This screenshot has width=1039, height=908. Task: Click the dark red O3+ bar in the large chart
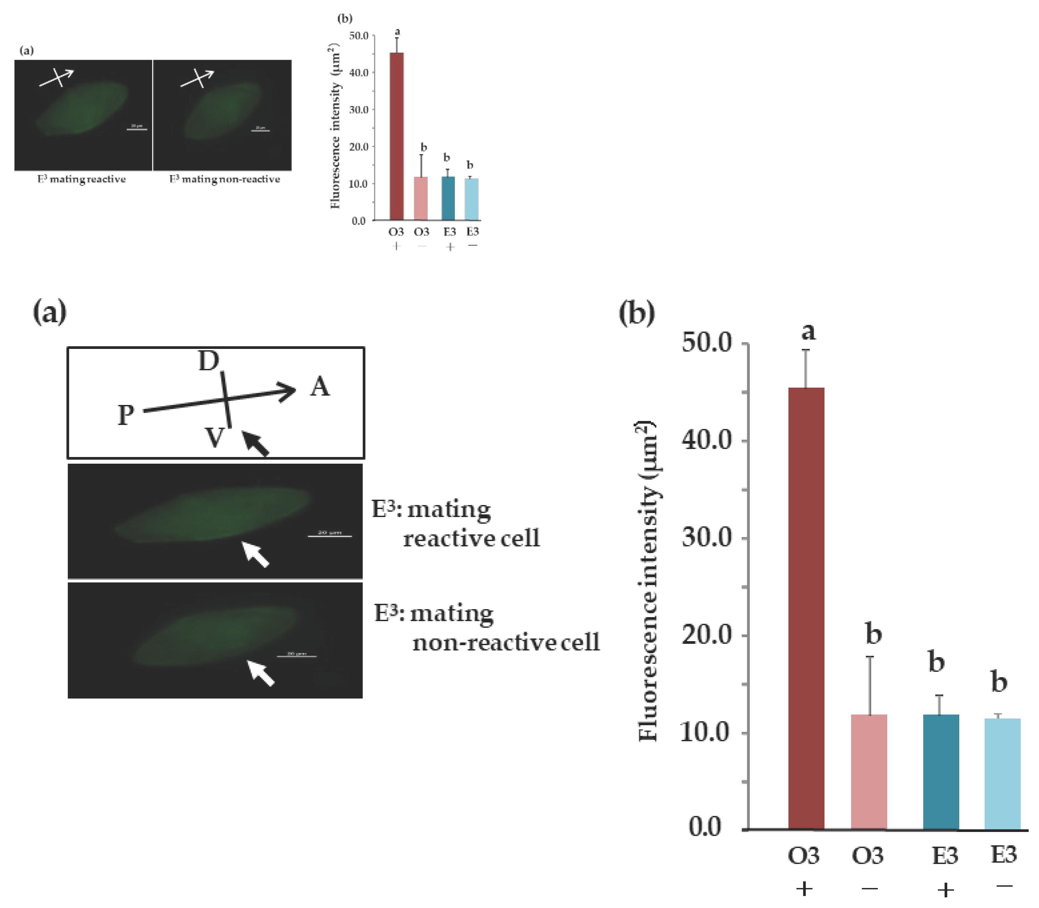pyautogui.click(x=806, y=608)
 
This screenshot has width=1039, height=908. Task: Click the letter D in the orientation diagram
pyautogui.click(x=208, y=361)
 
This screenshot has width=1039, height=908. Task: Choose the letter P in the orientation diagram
pyautogui.click(x=126, y=415)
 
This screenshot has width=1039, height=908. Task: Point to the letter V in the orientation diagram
pyautogui.click(x=214, y=437)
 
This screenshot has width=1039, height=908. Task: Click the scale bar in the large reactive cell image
pyautogui.click(x=330, y=536)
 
